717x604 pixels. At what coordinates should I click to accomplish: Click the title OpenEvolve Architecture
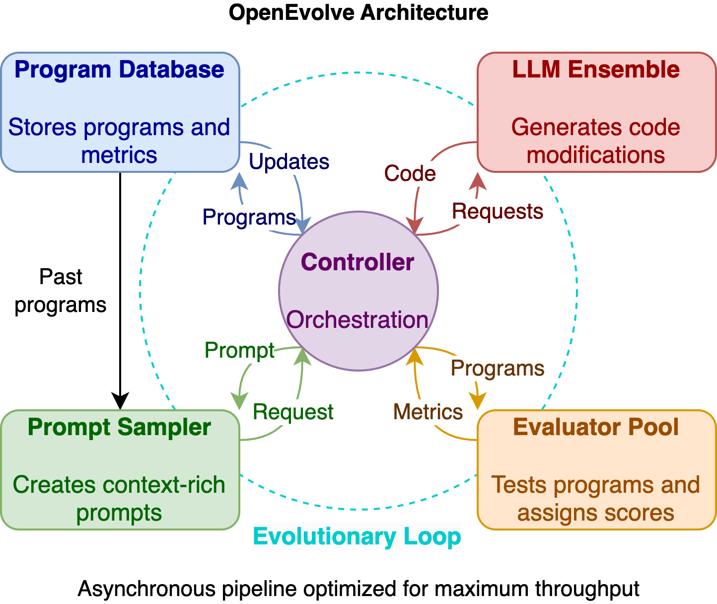click(358, 13)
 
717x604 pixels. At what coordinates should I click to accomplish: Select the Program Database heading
click(119, 70)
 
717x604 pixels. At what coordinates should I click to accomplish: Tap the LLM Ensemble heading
click(596, 70)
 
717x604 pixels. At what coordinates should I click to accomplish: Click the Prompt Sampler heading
click(119, 427)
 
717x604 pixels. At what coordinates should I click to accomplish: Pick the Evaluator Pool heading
click(596, 427)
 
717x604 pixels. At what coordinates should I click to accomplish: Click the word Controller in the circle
click(358, 262)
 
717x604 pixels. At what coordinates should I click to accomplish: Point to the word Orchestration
click(357, 319)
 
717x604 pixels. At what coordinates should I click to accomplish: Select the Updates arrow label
click(289, 161)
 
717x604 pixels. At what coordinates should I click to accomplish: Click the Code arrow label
click(410, 173)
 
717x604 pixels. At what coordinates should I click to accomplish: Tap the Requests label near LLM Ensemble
click(498, 211)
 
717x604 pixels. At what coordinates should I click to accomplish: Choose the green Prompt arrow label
click(239, 351)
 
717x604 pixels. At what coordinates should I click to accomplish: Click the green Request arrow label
click(293, 412)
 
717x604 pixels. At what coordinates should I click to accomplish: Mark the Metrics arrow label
click(428, 412)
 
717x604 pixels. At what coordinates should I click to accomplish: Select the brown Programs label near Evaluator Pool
click(498, 369)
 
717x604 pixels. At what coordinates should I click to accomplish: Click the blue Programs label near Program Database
click(249, 218)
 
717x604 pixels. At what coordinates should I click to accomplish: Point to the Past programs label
click(61, 291)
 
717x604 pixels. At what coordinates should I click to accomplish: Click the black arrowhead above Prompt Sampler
click(120, 401)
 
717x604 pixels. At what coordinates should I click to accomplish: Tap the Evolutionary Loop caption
click(357, 536)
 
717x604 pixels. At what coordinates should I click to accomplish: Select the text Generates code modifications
click(596, 141)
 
